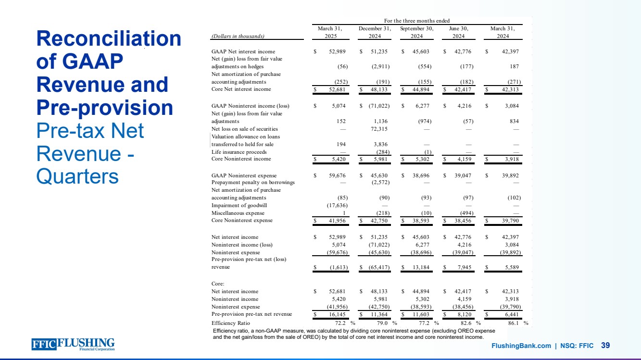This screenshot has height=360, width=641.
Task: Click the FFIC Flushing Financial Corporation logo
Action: coord(73,345)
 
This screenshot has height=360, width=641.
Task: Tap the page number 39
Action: coord(606,346)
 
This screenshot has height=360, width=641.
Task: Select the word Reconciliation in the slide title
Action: coord(109,39)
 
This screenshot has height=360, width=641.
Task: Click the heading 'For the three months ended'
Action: coord(417,21)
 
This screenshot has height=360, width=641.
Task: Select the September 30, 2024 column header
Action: coord(417,32)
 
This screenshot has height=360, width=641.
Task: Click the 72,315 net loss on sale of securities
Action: coord(379,129)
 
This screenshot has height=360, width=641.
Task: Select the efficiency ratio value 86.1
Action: coord(510,323)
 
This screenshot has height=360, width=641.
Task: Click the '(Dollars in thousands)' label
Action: coord(238,36)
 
